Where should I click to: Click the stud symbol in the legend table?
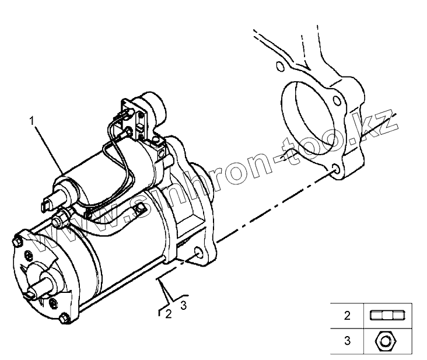point(387,316)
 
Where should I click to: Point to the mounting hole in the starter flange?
point(201,255)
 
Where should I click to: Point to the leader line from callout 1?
point(50,149)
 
